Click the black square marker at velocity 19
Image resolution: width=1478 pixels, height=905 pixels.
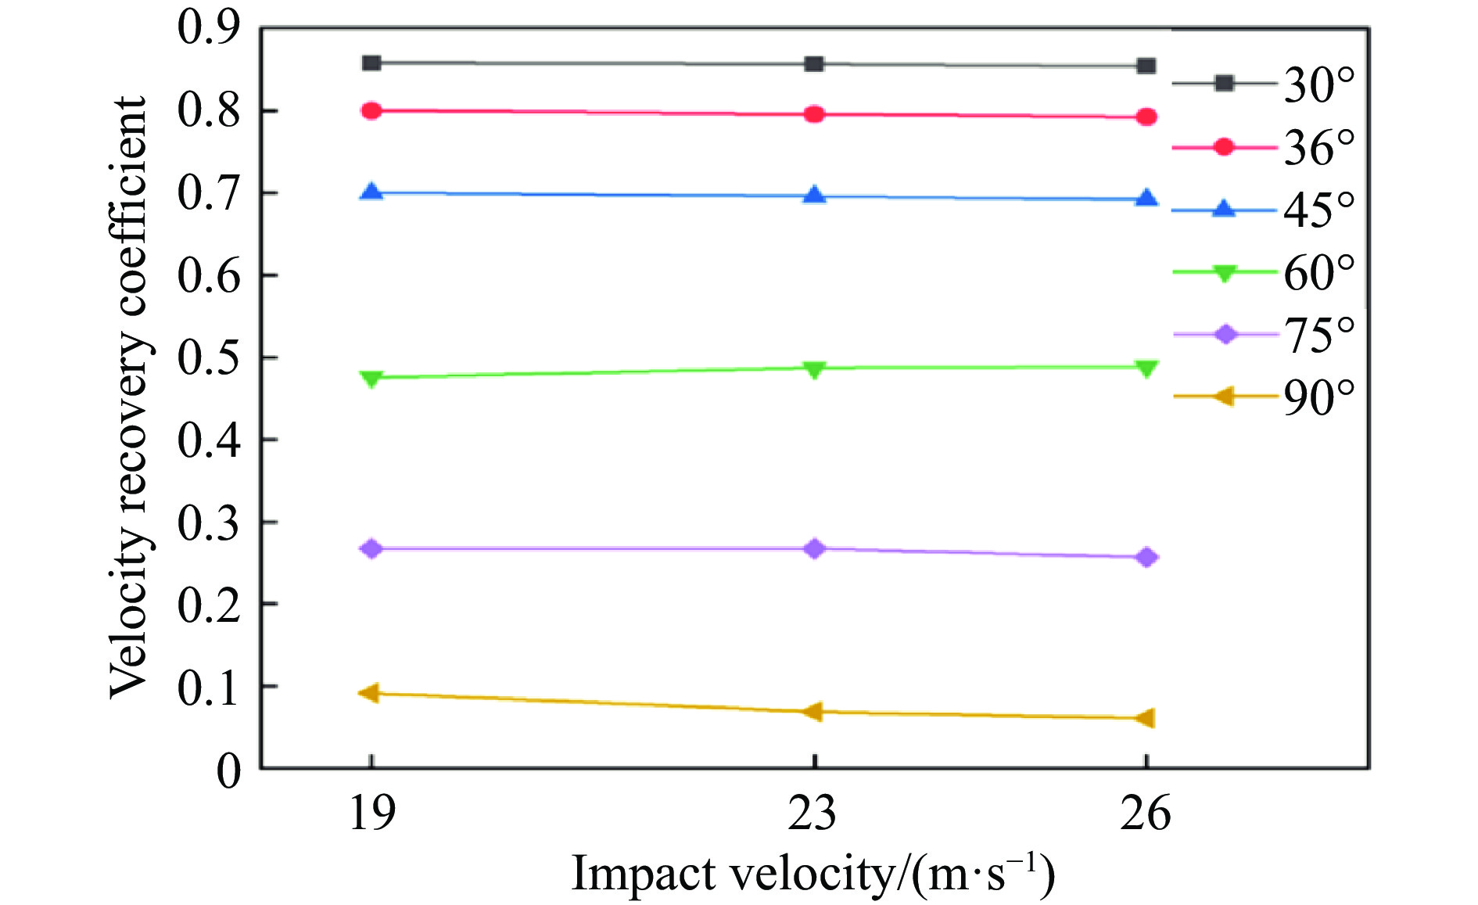click(371, 63)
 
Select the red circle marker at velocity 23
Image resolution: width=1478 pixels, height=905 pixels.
click(814, 114)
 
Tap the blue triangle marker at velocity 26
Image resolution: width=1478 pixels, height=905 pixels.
click(1146, 199)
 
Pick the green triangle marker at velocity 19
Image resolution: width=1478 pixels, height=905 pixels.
click(371, 379)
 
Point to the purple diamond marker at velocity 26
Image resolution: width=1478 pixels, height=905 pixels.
click(1146, 558)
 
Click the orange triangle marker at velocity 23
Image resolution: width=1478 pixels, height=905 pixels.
click(813, 712)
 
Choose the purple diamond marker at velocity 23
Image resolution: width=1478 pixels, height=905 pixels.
click(814, 548)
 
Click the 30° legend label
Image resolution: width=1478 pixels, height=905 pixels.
click(1318, 84)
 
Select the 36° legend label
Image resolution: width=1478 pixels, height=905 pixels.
click(1318, 147)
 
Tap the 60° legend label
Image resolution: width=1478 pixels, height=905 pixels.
click(1318, 272)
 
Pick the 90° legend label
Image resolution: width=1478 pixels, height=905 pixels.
click(1318, 397)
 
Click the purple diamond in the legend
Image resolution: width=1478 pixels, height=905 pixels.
click(1225, 335)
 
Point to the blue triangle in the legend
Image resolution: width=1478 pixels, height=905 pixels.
click(1224, 209)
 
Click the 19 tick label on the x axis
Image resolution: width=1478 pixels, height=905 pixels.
click(371, 813)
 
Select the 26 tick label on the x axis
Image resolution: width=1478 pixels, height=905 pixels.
click(1145, 813)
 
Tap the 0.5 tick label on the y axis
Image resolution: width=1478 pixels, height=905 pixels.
click(208, 357)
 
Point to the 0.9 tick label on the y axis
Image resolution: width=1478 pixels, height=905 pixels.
click(208, 28)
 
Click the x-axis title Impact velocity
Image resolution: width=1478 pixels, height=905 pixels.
click(813, 874)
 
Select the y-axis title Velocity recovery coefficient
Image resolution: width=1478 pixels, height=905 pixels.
click(128, 397)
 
